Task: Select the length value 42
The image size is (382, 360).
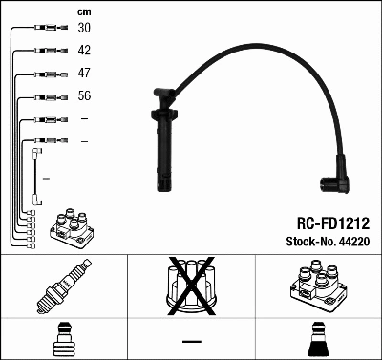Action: click(x=85, y=50)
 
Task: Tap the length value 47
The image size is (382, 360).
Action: click(x=85, y=73)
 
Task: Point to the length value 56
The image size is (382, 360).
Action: click(x=85, y=96)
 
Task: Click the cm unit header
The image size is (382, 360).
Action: click(x=83, y=11)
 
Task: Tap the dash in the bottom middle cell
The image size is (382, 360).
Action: click(x=191, y=341)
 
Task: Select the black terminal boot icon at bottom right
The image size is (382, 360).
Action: click(x=316, y=339)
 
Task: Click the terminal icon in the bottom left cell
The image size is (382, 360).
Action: click(x=63, y=339)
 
